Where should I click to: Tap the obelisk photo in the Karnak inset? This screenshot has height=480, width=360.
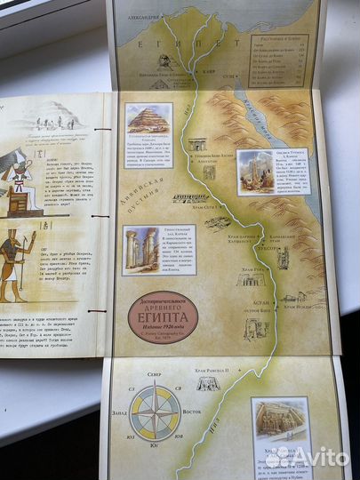255,172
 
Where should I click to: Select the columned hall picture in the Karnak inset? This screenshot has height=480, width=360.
140,250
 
